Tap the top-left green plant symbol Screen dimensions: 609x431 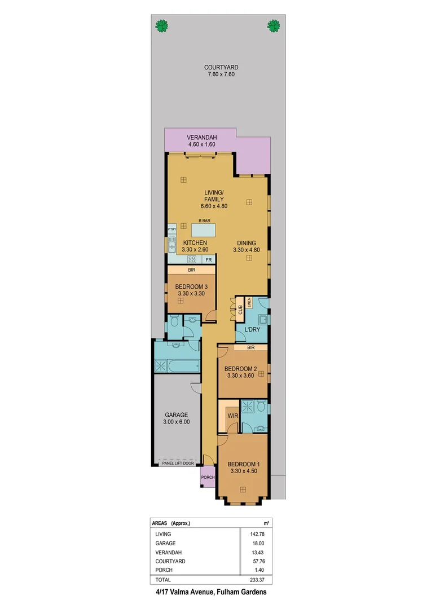click(x=162, y=25)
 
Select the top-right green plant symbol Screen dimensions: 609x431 click(x=274, y=25)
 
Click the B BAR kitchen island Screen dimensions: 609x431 click(x=204, y=230)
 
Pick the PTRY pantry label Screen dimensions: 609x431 click(x=172, y=230)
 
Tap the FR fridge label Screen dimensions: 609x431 click(x=208, y=260)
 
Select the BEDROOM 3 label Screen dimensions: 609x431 click(x=192, y=286)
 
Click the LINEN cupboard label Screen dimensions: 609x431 click(x=248, y=302)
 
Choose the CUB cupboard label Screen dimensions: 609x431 click(x=240, y=310)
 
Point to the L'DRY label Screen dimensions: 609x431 click(x=251, y=329)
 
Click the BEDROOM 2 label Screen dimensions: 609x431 click(x=241, y=369)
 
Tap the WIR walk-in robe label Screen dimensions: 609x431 click(x=232, y=416)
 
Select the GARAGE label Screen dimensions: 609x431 click(x=177, y=415)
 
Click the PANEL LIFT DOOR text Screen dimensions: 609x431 click(x=178, y=463)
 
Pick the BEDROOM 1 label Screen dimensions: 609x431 click(x=243, y=464)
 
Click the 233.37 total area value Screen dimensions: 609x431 click(x=256, y=580)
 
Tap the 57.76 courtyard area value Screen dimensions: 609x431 click(x=258, y=561)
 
